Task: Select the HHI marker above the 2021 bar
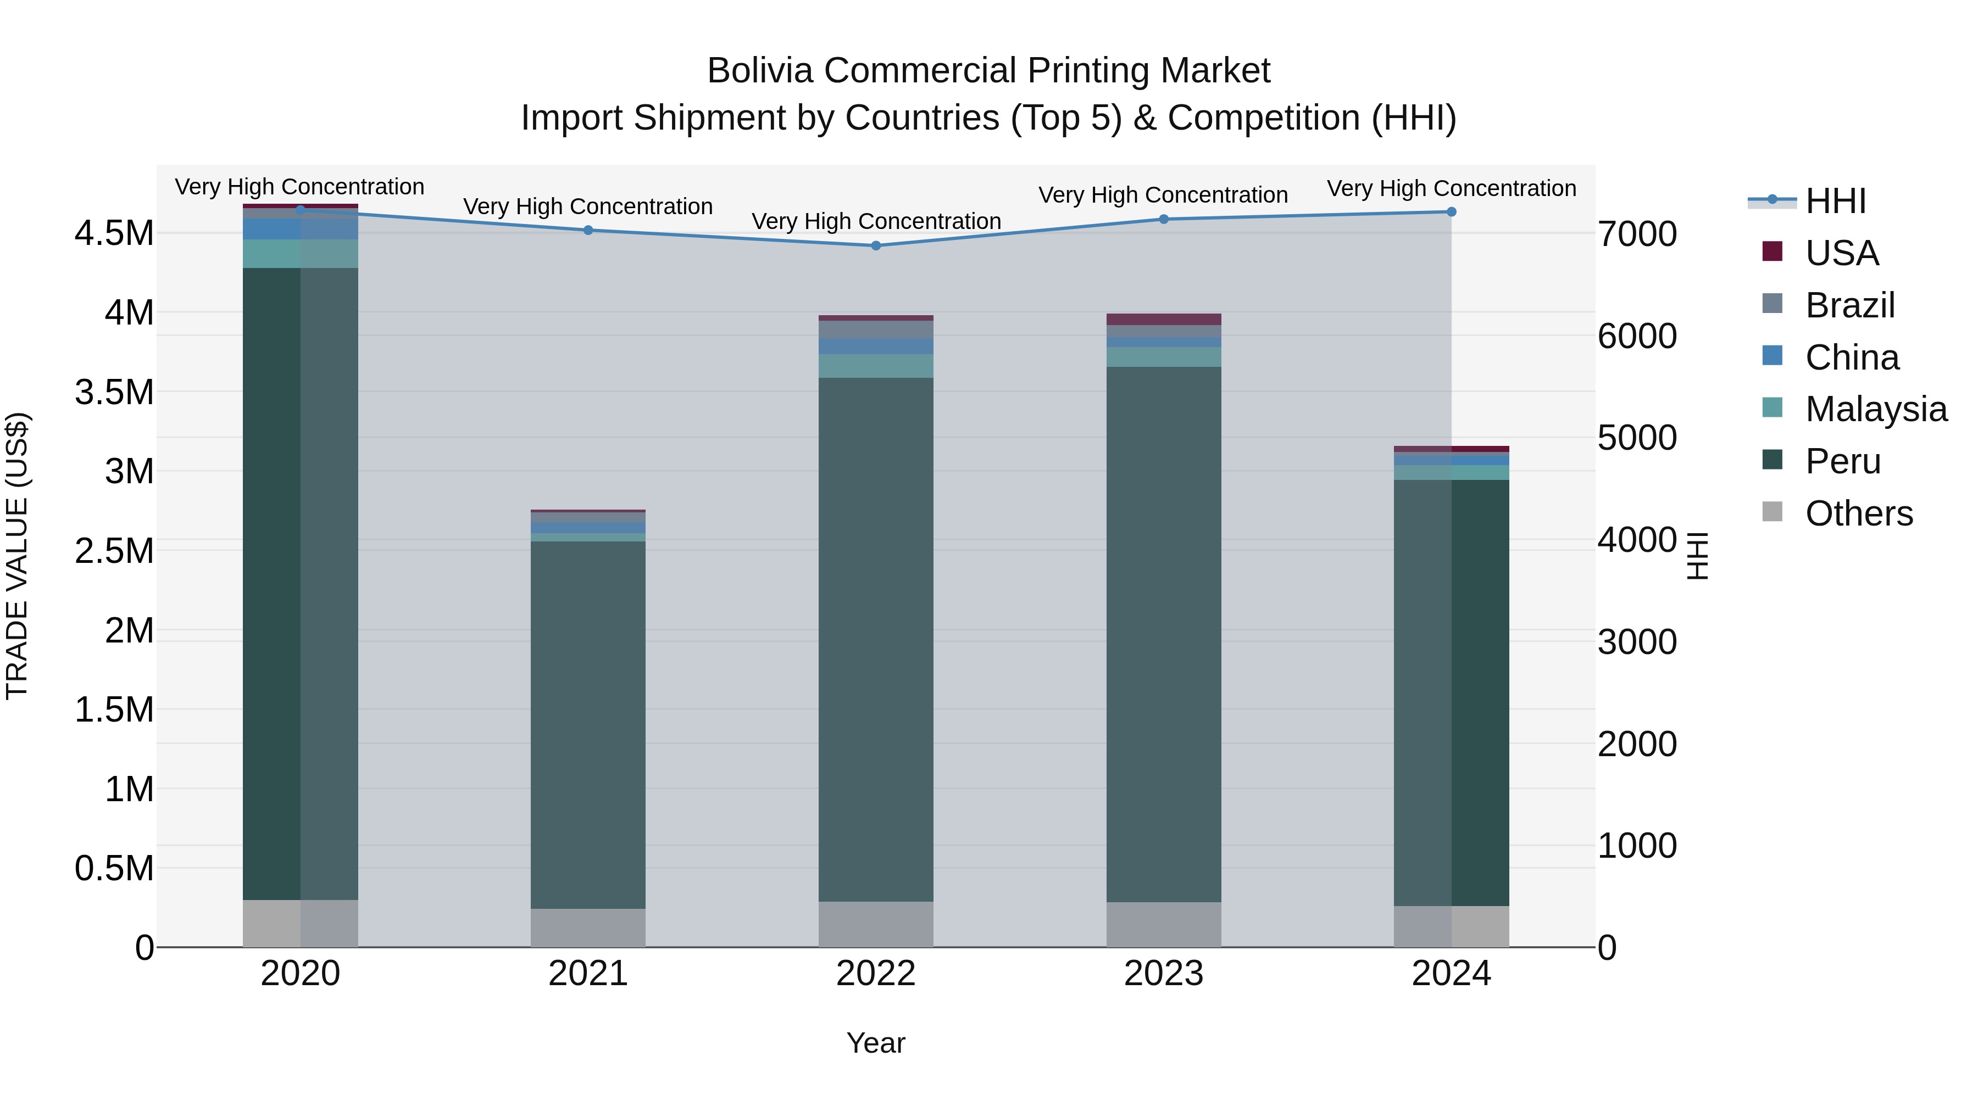point(588,230)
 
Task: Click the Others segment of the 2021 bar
point(588,928)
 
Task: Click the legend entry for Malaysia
point(1875,409)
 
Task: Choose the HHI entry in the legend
point(1835,201)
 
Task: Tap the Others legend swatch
point(1772,511)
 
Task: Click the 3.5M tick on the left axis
point(114,392)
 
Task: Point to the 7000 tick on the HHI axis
point(1637,234)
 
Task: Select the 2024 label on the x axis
point(1451,974)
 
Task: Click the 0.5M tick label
point(114,869)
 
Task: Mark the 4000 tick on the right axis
point(1637,540)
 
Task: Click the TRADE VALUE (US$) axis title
point(17,556)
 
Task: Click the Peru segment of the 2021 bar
point(588,725)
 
